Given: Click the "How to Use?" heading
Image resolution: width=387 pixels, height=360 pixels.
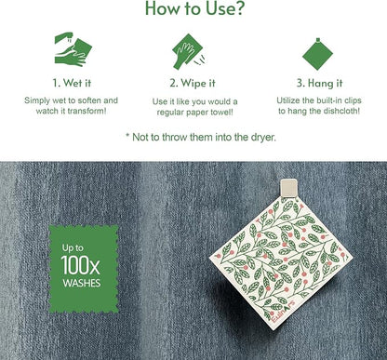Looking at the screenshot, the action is (194, 8).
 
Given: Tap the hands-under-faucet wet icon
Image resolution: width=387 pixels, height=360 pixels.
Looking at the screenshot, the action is (73, 49).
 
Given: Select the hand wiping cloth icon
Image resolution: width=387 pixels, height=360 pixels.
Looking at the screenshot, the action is (189, 51).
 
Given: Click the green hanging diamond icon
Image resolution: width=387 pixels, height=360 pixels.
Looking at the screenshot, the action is (317, 54).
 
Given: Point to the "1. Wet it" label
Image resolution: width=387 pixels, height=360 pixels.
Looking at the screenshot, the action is (72, 83).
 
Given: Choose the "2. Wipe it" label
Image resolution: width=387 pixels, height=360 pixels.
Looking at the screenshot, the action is (193, 83).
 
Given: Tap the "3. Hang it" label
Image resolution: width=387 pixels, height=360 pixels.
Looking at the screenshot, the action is (319, 83).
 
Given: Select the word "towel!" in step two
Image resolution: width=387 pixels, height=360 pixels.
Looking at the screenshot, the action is (221, 113).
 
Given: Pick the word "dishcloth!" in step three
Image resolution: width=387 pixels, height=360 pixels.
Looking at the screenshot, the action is (340, 111).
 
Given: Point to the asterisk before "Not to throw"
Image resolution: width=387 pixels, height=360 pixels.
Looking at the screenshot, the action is (127, 136).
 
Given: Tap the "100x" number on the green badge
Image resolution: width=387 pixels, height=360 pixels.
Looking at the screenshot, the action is (80, 265).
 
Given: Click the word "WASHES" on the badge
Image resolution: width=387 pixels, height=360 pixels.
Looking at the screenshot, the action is (82, 283).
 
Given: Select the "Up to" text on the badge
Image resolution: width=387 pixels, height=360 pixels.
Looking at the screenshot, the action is (73, 248).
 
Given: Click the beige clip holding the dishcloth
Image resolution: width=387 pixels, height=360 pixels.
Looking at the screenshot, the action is (288, 188).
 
